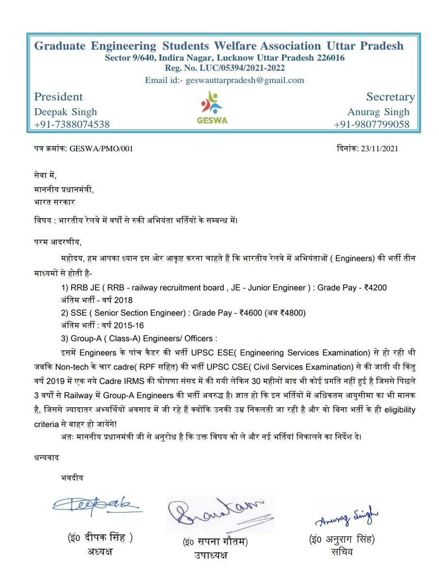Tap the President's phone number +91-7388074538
tap(71, 125)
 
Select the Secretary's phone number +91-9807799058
tap(372, 125)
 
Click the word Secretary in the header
tap(391, 97)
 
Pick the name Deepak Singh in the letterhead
tap(65, 112)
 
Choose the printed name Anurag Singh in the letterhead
tap(378, 112)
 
